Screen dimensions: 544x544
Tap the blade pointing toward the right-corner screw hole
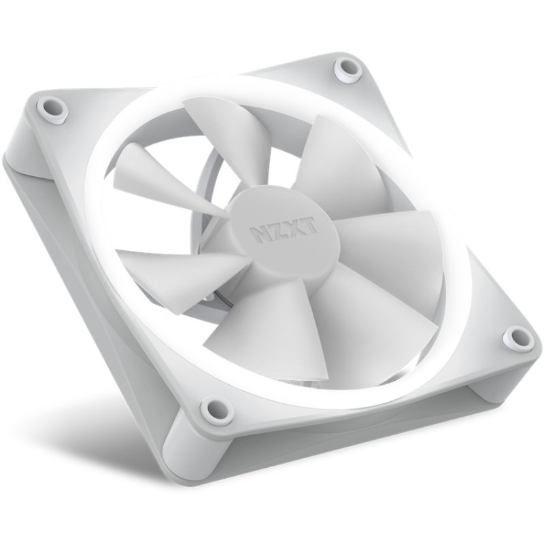367,306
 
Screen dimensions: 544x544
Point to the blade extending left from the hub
170,262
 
